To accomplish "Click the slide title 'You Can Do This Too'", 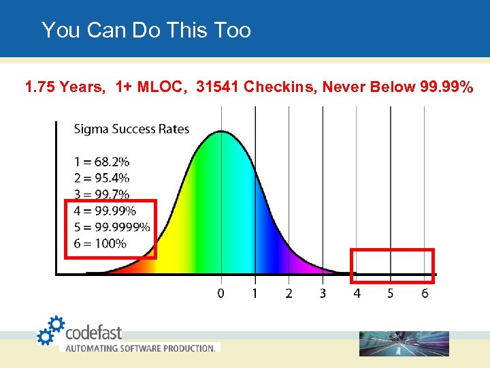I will (x=146, y=30).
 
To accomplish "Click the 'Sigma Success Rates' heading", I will (x=131, y=129).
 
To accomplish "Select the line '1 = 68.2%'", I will (x=101, y=162).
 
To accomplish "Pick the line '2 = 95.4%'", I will (x=101, y=178).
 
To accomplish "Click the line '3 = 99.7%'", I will (x=101, y=194).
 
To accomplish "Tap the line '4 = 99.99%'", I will (x=105, y=211).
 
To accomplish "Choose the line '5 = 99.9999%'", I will (x=112, y=227).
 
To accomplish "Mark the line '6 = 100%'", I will (x=100, y=243).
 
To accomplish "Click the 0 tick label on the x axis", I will (x=220, y=293).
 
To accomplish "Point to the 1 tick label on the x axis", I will (x=255, y=293).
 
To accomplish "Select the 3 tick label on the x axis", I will (x=323, y=293).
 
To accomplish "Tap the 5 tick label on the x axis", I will (x=390, y=293).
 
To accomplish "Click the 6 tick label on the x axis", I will (x=424, y=293).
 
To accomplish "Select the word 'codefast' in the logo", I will (x=94, y=333).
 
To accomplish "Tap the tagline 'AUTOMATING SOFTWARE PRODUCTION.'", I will (x=140, y=348).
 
